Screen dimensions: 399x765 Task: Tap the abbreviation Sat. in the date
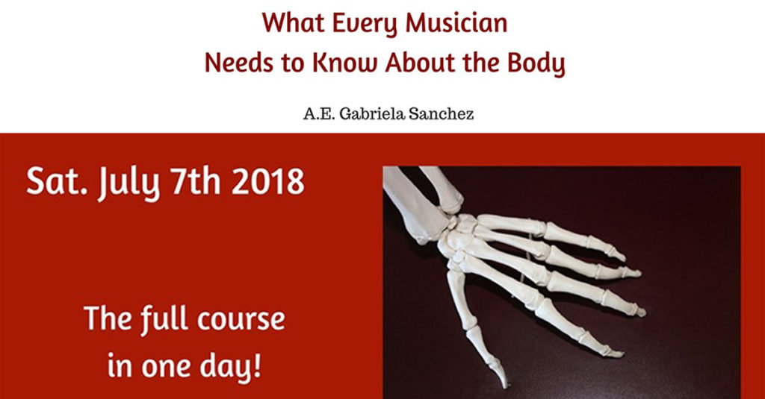pyautogui.click(x=53, y=182)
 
